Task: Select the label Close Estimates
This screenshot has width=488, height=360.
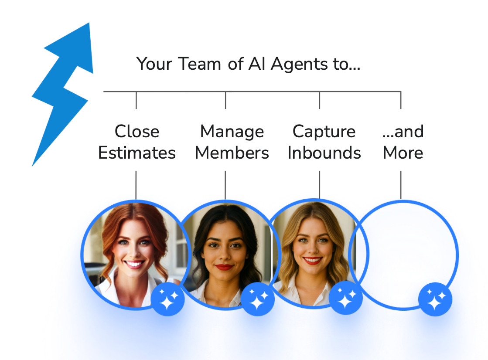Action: (x=137, y=142)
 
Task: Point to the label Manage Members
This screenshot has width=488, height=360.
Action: (x=232, y=142)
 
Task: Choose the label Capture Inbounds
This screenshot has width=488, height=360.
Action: (x=324, y=142)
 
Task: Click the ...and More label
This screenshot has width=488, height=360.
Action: (x=403, y=142)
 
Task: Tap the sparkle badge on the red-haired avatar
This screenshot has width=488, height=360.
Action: (x=168, y=299)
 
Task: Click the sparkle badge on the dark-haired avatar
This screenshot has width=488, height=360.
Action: (x=258, y=299)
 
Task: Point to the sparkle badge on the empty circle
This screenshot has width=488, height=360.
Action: (x=435, y=299)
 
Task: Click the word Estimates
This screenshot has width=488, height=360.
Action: (x=137, y=153)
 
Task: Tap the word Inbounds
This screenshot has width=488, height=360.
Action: (x=324, y=153)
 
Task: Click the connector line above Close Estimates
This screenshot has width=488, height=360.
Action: (x=136, y=100)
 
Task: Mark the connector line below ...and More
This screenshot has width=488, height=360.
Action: (x=401, y=184)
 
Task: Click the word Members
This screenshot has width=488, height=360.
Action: (x=232, y=153)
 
